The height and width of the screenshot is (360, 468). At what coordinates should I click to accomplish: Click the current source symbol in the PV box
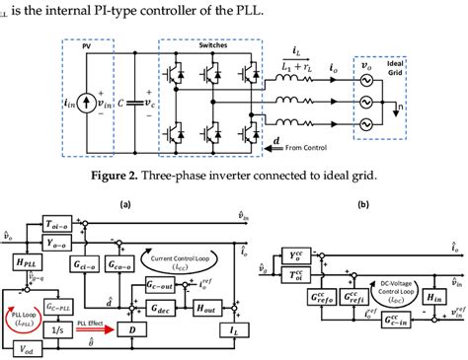point(85,100)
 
